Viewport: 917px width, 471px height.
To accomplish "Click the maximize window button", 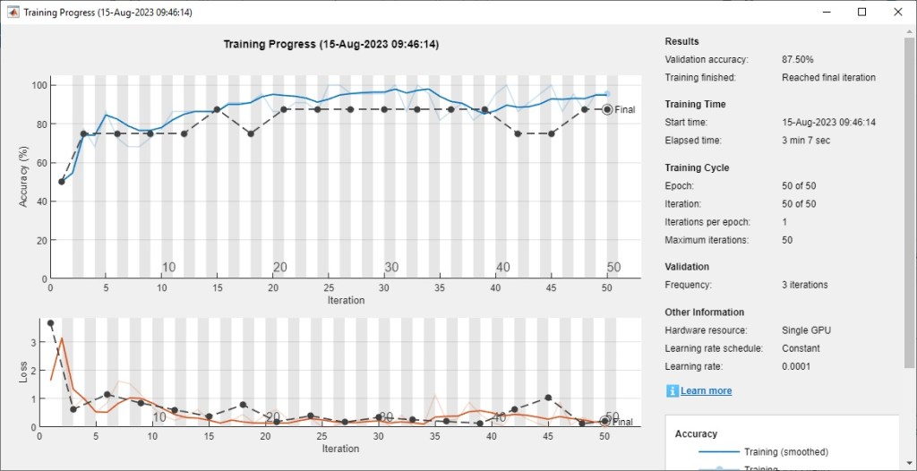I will [x=861, y=12].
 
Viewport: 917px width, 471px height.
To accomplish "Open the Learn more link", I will [x=706, y=390].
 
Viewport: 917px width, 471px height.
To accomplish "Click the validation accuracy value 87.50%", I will [x=797, y=59].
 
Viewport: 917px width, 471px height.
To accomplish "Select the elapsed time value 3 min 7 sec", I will [x=806, y=141].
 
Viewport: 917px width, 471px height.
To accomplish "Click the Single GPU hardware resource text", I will [x=807, y=330].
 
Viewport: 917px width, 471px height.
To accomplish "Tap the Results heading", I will [x=682, y=41].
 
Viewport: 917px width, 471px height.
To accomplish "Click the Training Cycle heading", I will [x=697, y=167].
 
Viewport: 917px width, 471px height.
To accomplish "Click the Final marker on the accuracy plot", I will [x=607, y=109].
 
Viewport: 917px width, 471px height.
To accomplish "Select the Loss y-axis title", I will [x=24, y=372].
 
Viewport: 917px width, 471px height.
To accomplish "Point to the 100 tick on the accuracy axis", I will [x=39, y=85].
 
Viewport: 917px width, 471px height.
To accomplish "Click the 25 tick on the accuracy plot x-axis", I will [x=330, y=287].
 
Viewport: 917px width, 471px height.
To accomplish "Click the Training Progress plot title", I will [x=330, y=44].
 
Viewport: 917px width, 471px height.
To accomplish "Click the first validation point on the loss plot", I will [x=50, y=323].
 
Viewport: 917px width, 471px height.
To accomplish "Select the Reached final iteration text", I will [x=828, y=77].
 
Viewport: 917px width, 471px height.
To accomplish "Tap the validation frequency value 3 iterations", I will [x=804, y=285].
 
